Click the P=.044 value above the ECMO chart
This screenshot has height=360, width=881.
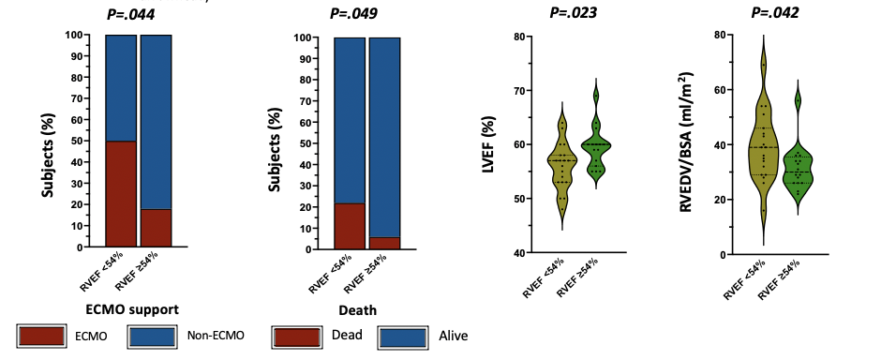(x=130, y=14)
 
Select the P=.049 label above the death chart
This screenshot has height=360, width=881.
(x=352, y=13)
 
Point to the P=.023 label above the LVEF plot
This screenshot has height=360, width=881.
(x=573, y=12)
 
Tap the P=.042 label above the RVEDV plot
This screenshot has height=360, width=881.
(x=775, y=12)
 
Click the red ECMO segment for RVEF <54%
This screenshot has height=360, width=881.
(x=121, y=194)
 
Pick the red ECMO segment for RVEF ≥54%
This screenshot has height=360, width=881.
(x=156, y=228)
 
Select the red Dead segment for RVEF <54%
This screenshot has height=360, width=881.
(x=350, y=226)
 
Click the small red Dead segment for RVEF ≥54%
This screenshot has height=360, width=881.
(x=384, y=243)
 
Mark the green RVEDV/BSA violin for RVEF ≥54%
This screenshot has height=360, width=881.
(x=798, y=169)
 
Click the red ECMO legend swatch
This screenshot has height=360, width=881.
(x=41, y=336)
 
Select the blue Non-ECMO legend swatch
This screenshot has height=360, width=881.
(x=152, y=336)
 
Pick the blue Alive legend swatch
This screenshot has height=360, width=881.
(x=403, y=337)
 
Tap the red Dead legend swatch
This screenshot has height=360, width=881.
(x=297, y=336)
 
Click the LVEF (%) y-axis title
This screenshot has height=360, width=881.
(x=489, y=145)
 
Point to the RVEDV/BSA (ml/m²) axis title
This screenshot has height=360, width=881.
(x=687, y=142)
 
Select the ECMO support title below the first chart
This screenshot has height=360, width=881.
(x=132, y=309)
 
